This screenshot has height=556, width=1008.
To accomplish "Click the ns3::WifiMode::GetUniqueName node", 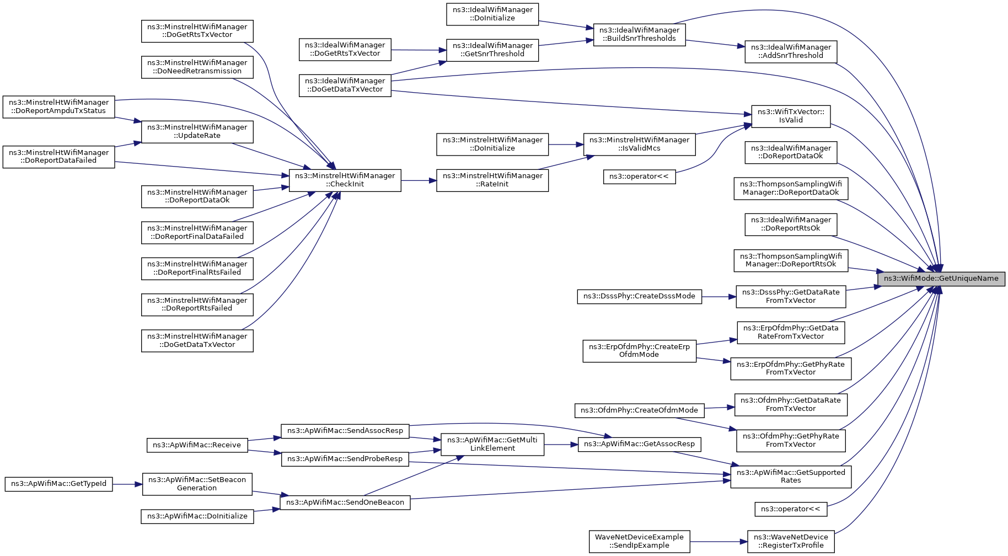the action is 941,279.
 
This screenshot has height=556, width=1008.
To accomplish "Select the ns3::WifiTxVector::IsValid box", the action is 791,116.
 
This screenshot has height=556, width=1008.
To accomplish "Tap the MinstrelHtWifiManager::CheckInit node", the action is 345,180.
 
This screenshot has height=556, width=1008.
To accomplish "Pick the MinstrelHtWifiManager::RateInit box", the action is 492,180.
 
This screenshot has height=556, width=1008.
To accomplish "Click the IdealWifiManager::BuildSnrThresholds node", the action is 639,34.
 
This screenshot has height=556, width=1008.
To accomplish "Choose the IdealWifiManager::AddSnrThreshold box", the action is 791,51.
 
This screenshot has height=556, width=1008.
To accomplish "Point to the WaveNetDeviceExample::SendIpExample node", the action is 639,541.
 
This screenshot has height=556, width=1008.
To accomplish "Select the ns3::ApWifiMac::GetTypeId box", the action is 59,484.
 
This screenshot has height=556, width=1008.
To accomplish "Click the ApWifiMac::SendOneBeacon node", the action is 345,502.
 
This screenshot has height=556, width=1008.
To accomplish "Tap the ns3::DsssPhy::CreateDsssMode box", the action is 639,296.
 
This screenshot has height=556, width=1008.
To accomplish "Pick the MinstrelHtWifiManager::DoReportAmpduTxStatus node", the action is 59,106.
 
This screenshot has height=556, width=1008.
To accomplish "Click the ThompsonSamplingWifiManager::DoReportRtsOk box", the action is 791,260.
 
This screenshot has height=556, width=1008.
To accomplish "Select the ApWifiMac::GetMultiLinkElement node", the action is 492,444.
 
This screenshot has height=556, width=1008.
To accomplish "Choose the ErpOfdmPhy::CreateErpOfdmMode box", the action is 639,351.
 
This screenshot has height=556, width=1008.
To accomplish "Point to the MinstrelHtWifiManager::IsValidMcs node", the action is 639,144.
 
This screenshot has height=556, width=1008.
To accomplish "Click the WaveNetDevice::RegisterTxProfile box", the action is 791,541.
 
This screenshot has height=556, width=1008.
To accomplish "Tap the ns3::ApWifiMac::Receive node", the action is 197,445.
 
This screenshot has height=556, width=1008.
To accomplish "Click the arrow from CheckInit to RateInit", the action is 419,180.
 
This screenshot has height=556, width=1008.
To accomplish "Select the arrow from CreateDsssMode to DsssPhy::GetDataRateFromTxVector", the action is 719,297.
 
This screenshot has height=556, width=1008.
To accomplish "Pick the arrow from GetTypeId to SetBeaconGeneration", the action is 128,484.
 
